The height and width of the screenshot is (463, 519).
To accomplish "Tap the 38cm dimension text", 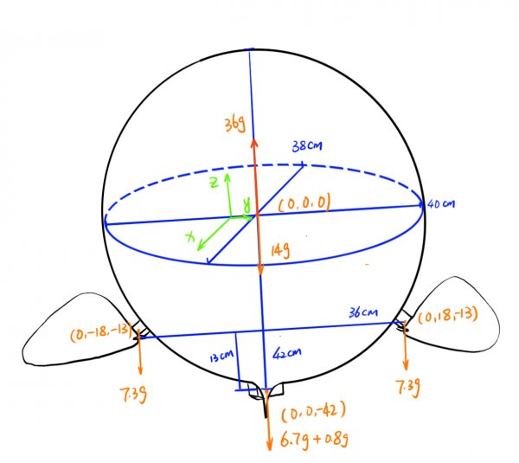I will pos(307,147).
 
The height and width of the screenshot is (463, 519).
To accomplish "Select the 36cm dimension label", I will pos(361,312).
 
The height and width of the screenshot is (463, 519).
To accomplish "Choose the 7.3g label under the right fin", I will pos(407,387).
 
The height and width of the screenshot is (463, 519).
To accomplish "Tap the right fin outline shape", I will pos(458,316).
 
